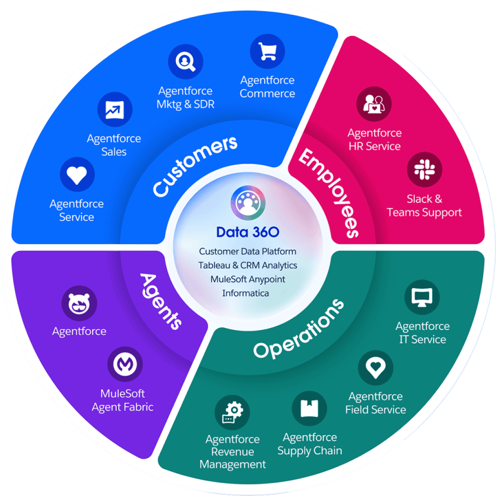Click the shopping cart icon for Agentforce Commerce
(x=268, y=51)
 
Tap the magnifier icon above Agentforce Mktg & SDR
(x=186, y=62)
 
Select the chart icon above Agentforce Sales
(x=115, y=109)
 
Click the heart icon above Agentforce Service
(x=77, y=175)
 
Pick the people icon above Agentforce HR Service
(x=374, y=104)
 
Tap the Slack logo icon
(x=425, y=170)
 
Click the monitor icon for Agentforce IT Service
(x=422, y=297)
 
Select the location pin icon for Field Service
(x=376, y=368)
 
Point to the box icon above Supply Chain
(x=310, y=408)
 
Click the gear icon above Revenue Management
(x=232, y=412)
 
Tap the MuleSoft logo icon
(x=125, y=364)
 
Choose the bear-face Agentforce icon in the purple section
(x=79, y=303)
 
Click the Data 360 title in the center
(x=248, y=232)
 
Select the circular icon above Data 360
(x=248, y=203)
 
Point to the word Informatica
(x=246, y=293)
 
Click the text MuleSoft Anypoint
(x=248, y=279)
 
